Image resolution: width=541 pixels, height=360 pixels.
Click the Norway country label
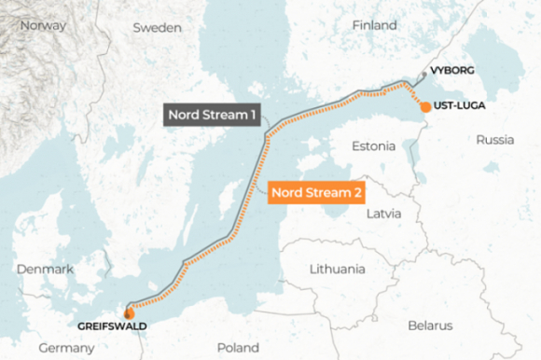point(43,25)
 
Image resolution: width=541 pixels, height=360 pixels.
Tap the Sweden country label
point(157,28)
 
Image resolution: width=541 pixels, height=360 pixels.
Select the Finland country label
point(374,25)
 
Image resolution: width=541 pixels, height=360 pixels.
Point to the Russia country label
point(494,140)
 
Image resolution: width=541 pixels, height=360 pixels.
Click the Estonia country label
point(373,146)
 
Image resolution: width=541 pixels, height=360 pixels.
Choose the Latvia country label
point(383,213)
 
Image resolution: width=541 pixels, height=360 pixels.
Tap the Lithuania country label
point(337,269)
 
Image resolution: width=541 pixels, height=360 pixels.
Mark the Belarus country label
point(429,325)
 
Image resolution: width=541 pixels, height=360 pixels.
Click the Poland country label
point(238,347)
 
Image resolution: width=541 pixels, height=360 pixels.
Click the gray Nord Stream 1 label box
point(212,115)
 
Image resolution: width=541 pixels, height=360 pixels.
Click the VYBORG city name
point(453,71)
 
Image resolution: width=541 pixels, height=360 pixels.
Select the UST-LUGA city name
point(461,106)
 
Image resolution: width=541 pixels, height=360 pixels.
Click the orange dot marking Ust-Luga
point(425,107)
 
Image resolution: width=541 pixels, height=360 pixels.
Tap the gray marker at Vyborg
point(423,73)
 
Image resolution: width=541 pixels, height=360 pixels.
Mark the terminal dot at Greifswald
point(128,313)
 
